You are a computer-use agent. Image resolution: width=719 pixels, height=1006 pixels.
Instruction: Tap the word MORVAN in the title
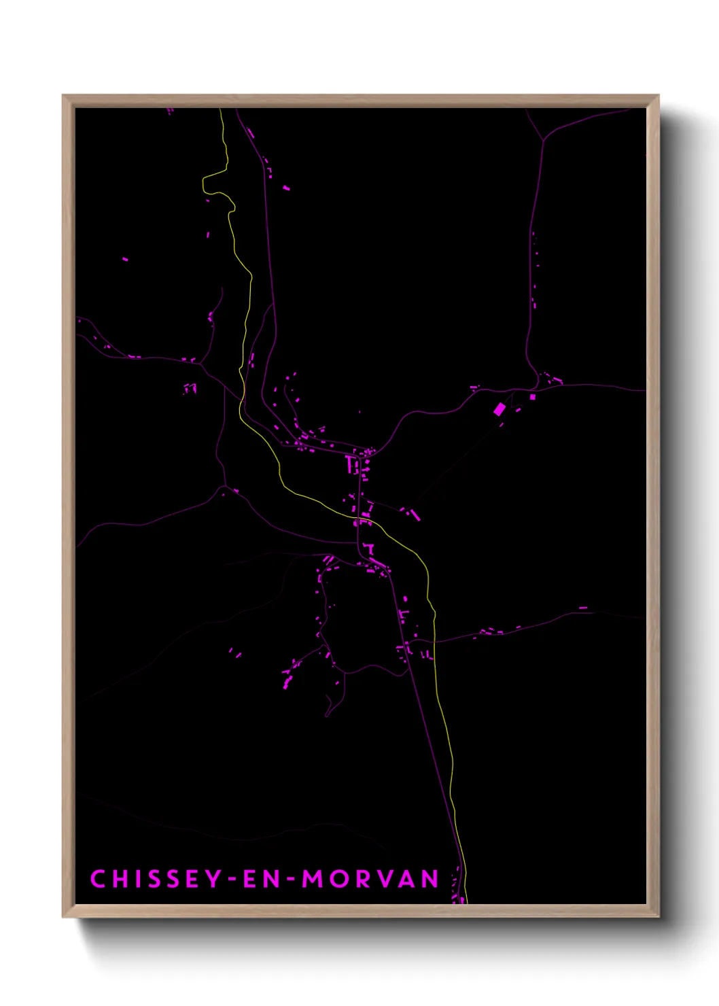point(370,879)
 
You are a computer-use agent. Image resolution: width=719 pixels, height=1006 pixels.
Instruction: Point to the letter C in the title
point(98,879)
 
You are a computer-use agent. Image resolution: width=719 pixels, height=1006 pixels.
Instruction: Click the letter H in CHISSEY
point(120,879)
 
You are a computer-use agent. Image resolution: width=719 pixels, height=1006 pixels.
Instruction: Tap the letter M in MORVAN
point(313,879)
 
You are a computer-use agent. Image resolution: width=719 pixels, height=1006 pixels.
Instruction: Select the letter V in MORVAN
point(383,879)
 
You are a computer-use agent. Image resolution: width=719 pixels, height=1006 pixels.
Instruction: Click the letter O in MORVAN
point(338,879)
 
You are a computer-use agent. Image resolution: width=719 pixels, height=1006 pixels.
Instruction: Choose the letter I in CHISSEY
point(136,879)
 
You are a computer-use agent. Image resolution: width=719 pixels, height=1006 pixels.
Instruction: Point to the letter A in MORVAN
point(406,879)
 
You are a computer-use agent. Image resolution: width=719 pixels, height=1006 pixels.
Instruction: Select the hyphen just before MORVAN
point(291,880)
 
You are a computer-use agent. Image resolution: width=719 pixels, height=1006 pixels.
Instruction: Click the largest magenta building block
point(499,409)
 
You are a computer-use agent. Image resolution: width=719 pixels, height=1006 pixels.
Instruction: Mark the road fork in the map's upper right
point(543,140)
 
